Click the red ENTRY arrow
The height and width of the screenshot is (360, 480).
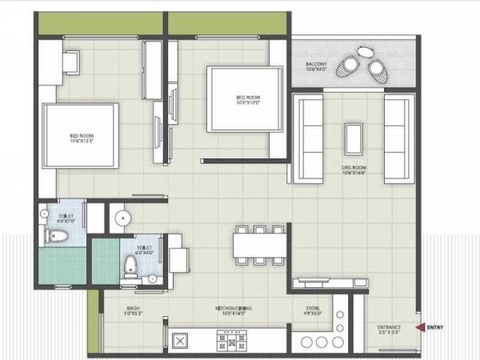[x=418, y=326]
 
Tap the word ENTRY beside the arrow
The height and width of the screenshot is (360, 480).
[x=435, y=326]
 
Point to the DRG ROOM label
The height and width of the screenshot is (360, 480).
[x=353, y=168]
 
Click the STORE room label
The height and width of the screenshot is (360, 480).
[x=313, y=310]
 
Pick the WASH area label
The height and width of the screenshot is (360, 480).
[x=134, y=310]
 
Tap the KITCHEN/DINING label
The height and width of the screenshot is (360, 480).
[x=234, y=310]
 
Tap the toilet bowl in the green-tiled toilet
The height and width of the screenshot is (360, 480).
[x=133, y=269]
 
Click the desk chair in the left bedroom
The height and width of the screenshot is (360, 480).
[x=71, y=62]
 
